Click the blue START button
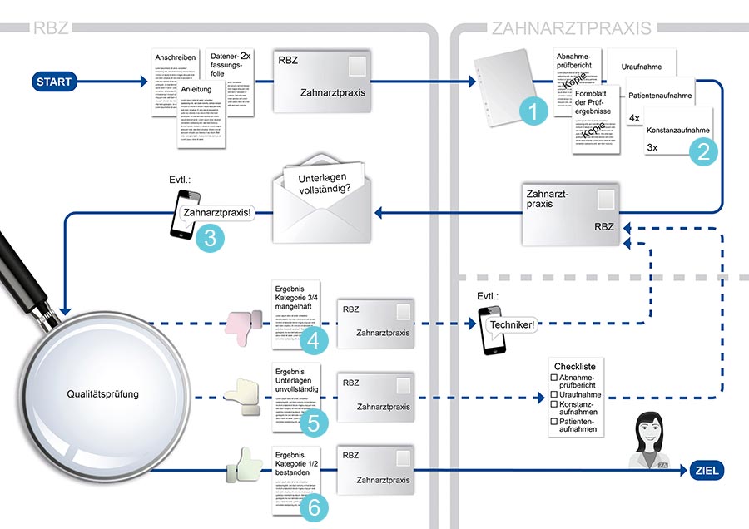pos(54,82)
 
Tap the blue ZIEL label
pos(704,471)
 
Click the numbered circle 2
pos(704,151)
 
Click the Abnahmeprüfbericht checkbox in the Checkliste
pos(554,378)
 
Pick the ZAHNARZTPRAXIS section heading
pos(571,28)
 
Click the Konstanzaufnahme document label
pos(678,130)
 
